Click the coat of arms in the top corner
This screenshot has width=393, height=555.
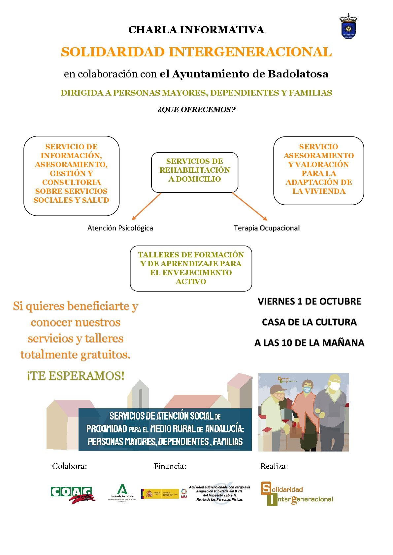[348, 27]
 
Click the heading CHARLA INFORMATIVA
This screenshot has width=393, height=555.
[196, 30]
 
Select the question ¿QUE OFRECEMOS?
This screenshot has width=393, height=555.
[196, 109]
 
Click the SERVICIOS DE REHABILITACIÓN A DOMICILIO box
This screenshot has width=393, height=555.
[194, 172]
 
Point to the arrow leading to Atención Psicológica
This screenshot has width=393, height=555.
[146, 206]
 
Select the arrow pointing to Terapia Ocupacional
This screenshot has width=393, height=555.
[250, 207]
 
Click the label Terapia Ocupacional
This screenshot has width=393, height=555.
[267, 228]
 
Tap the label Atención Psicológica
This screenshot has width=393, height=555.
[120, 228]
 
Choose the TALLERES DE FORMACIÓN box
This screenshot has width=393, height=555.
[191, 268]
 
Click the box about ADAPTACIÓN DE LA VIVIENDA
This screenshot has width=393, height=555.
[318, 170]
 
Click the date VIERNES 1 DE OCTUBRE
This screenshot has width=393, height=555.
[309, 301]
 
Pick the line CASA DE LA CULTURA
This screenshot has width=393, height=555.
[309, 322]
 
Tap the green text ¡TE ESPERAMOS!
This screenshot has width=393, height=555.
[76, 376]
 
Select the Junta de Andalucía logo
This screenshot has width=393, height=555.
[122, 492]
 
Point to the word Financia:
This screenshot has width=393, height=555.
[170, 466]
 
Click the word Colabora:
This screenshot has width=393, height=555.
[69, 466]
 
